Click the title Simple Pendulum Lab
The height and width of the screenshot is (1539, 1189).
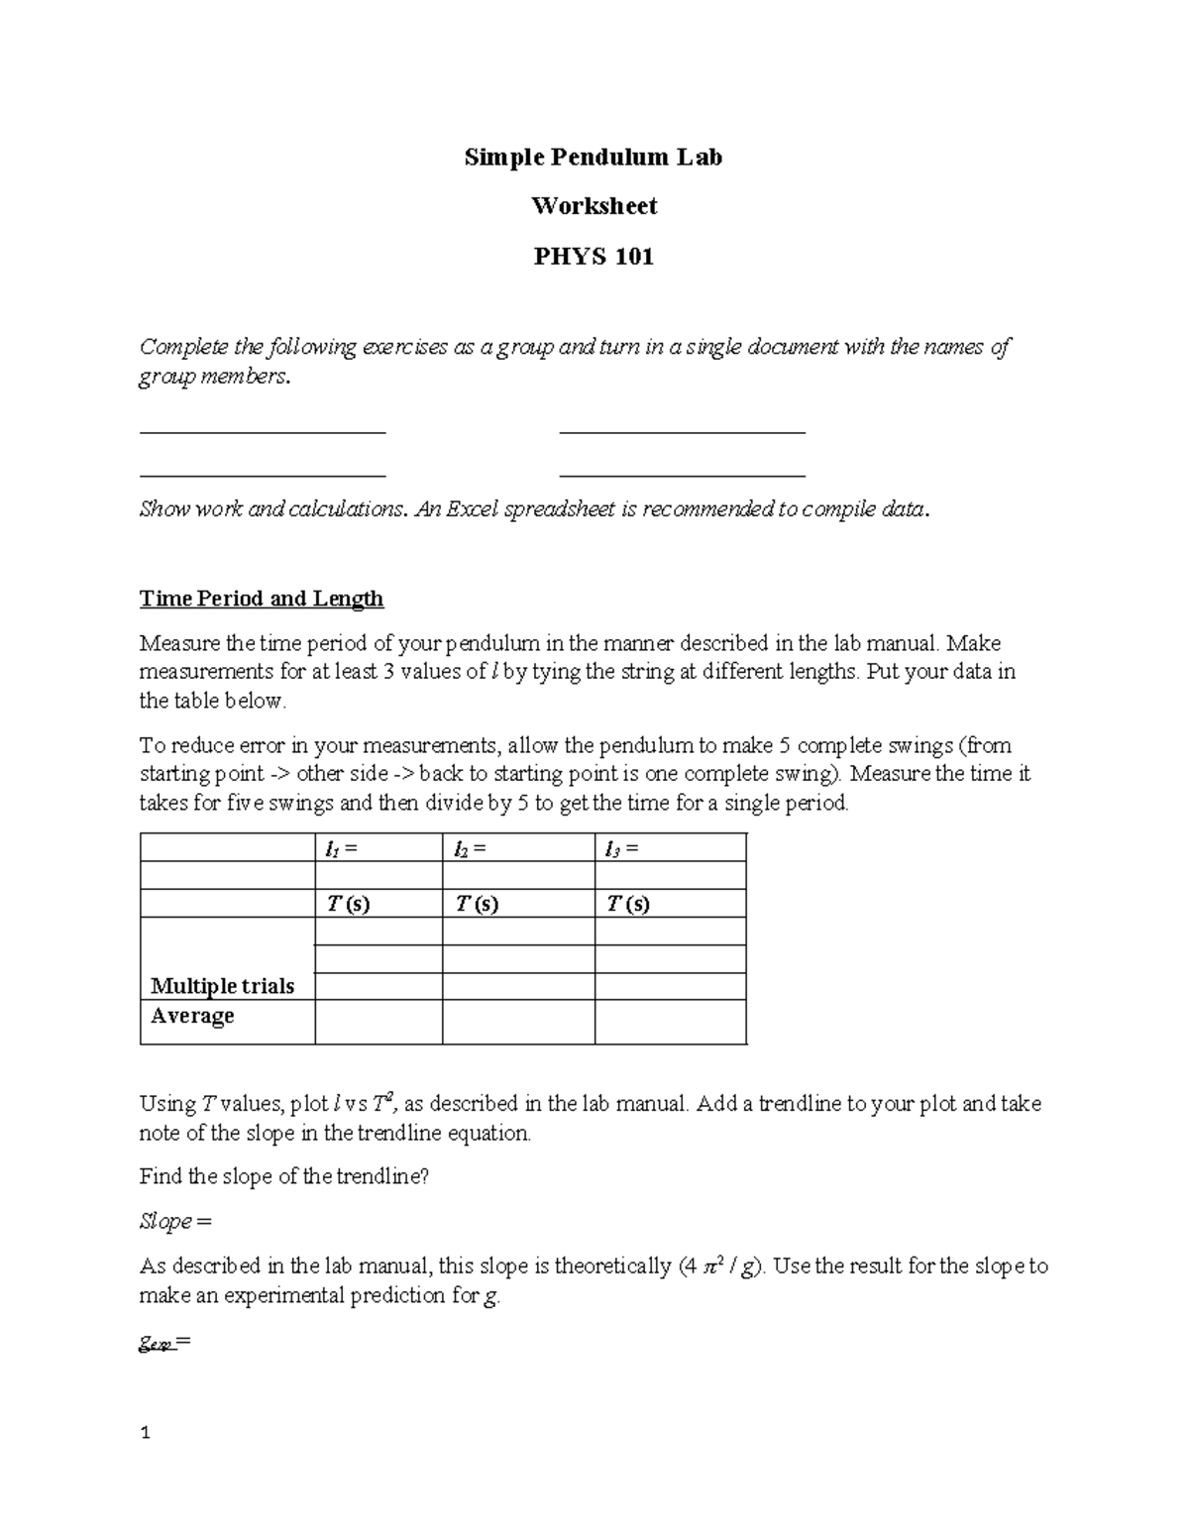tap(594, 157)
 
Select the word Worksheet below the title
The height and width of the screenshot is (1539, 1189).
tap(594, 206)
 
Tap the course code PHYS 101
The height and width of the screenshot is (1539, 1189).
tap(594, 257)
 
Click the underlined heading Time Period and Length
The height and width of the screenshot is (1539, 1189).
tap(262, 599)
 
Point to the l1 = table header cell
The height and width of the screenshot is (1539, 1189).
tap(378, 848)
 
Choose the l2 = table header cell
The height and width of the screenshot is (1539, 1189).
tap(518, 848)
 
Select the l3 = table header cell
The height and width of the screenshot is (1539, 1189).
tap(670, 848)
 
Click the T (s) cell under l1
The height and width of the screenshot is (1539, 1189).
tap(378, 904)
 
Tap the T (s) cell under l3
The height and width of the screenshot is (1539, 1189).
tap(670, 904)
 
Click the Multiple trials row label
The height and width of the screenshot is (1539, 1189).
tap(222, 986)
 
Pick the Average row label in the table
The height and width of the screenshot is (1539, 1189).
tap(192, 1016)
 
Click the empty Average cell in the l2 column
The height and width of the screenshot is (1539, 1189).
tap(518, 1022)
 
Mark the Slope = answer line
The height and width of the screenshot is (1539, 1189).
tap(175, 1221)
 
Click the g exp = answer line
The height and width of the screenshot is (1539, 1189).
tap(164, 1345)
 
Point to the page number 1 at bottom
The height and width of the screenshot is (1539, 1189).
tap(145, 1433)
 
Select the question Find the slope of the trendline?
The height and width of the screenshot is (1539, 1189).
tap(284, 1176)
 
